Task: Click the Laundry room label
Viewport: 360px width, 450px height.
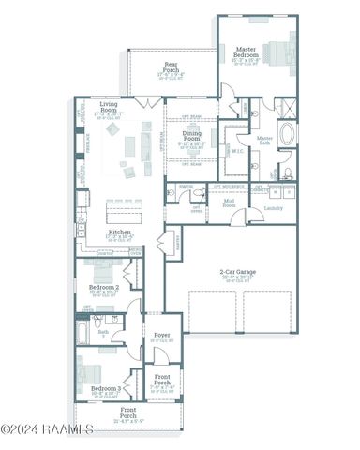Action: click(x=274, y=208)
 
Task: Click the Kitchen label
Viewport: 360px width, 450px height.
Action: click(x=119, y=232)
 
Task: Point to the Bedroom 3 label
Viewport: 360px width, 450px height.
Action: click(x=105, y=387)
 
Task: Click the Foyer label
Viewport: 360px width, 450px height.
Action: click(x=160, y=337)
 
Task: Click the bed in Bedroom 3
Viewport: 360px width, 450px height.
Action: click(x=90, y=366)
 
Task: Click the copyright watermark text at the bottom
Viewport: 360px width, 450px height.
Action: click(x=47, y=429)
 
